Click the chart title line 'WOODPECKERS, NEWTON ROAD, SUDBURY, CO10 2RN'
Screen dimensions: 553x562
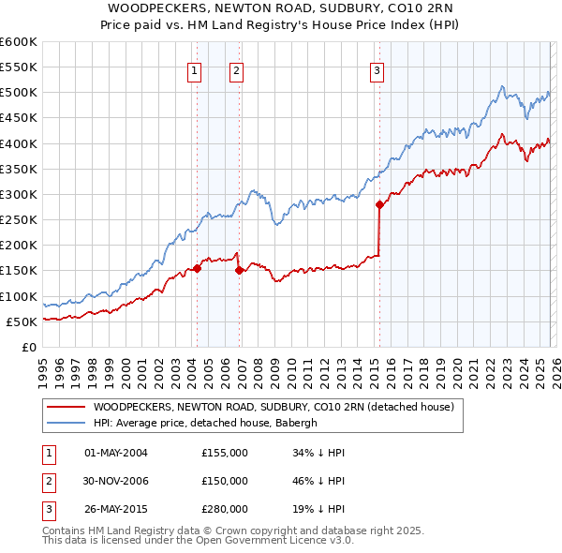[280, 10]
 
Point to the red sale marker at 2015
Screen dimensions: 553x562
[379, 204]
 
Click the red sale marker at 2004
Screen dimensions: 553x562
[198, 268]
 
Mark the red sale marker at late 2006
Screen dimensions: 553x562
[240, 271]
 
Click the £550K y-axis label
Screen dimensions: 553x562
[19, 67]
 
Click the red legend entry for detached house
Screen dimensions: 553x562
[273, 407]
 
